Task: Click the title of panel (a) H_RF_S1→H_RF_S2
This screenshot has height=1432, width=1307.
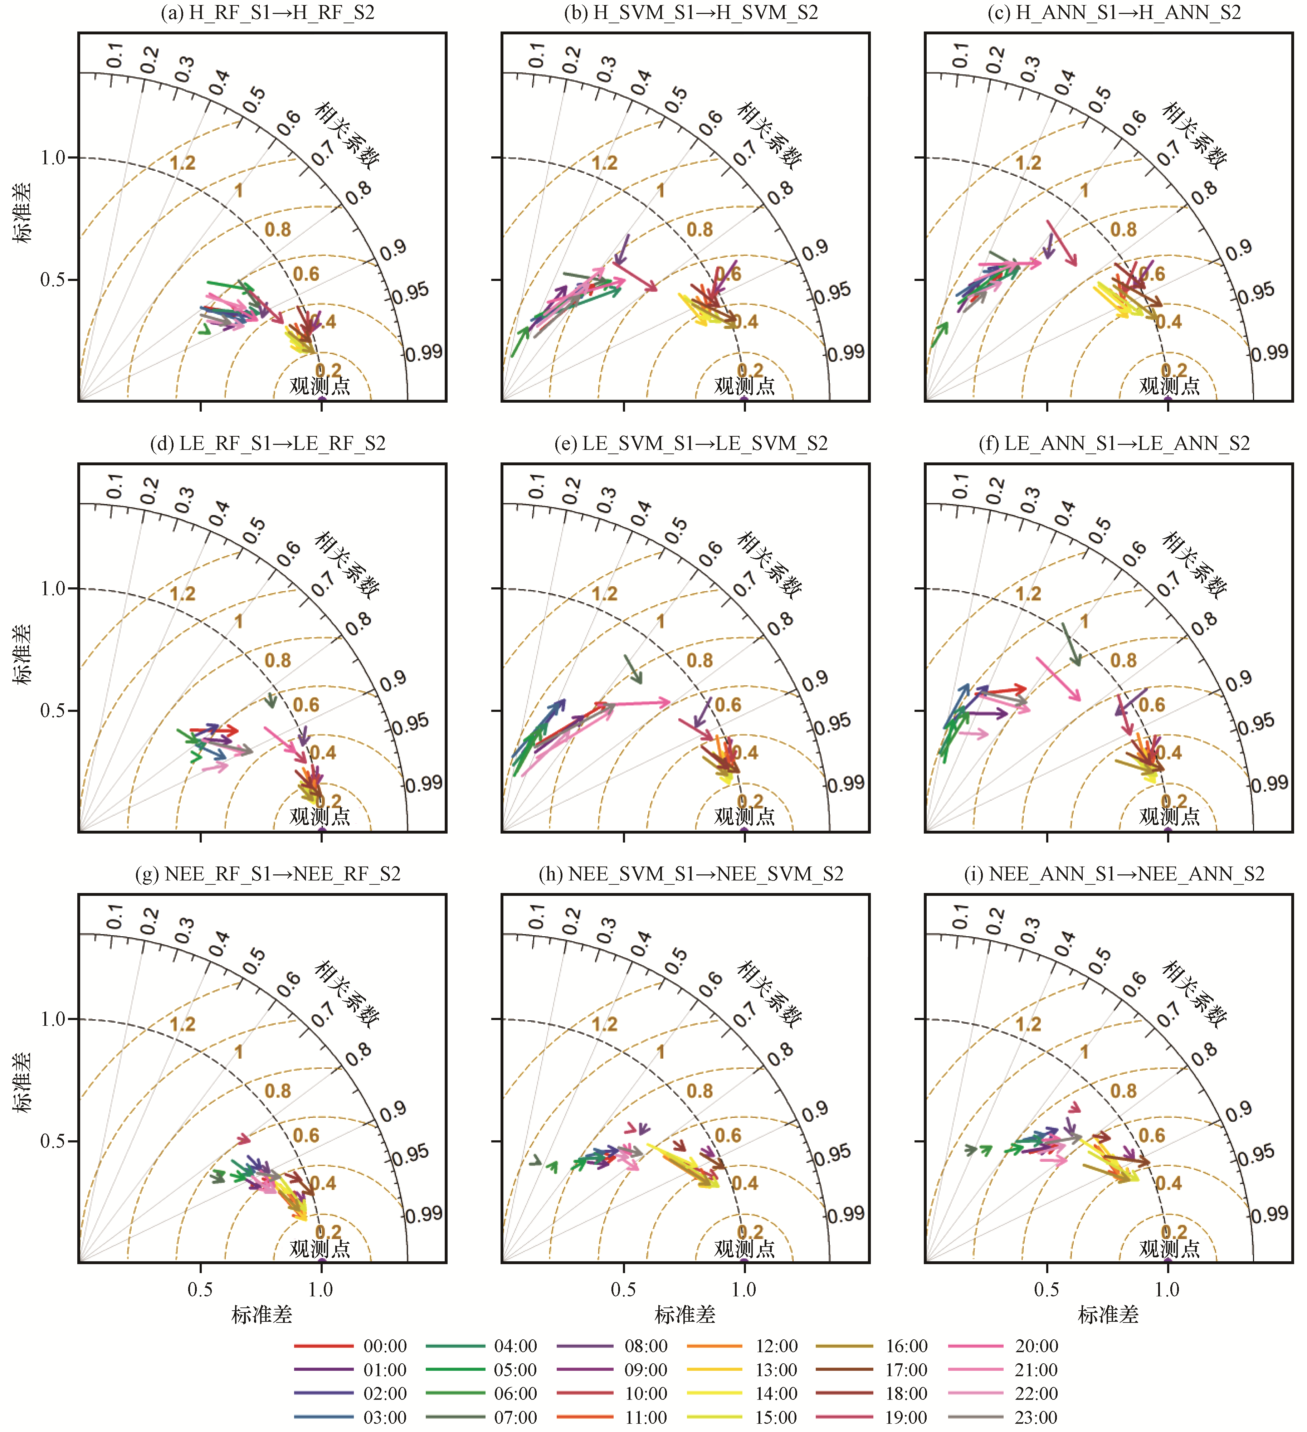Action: pyautogui.click(x=268, y=13)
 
